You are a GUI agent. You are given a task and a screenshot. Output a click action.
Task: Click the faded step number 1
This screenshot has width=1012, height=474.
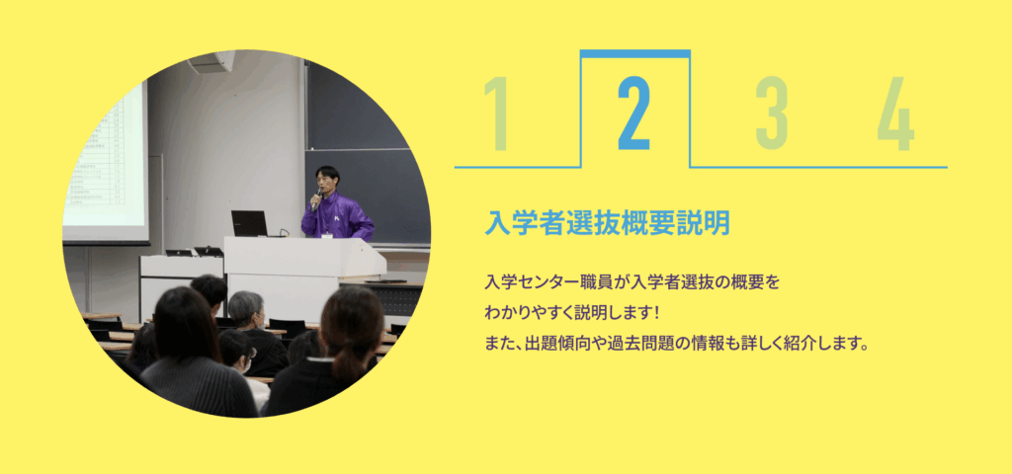coord(497,114)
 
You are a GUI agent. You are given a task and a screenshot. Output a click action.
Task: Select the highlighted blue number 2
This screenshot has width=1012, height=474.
coord(633,114)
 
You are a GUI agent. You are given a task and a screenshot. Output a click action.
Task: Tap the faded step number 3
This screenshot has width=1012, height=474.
coord(772,114)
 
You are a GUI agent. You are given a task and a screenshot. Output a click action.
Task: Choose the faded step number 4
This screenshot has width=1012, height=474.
coord(895,114)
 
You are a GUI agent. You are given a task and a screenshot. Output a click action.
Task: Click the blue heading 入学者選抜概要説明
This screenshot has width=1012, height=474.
coord(608,223)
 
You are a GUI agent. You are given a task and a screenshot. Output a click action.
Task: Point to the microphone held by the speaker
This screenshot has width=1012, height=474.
coord(317,198)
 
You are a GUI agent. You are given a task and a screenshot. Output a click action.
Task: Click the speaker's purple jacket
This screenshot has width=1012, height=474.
coord(337,216)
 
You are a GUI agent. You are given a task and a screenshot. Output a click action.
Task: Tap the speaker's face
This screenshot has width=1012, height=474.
coord(327,182)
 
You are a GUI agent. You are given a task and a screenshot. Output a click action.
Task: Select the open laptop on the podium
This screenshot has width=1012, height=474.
coord(250,224)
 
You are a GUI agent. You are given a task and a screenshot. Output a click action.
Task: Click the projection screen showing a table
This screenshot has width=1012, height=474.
coord(107,158)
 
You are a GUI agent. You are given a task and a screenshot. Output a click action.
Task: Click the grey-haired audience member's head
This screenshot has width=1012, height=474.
coord(246,309)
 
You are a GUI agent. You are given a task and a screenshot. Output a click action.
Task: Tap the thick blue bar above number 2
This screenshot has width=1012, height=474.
coord(635,53)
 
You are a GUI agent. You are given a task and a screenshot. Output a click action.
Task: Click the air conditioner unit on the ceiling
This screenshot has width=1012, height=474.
coord(211,61)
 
